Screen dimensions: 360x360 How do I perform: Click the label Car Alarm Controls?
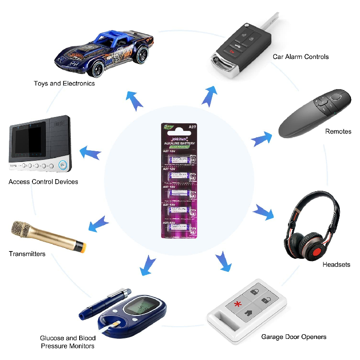[301, 57]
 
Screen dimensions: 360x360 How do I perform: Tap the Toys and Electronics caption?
[64, 83]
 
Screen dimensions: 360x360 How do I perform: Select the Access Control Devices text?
[43, 182]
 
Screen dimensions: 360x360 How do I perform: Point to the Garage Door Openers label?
[294, 337]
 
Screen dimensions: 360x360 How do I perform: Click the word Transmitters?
[27, 254]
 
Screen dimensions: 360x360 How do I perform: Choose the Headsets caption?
[336, 265]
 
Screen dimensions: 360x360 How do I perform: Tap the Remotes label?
[338, 131]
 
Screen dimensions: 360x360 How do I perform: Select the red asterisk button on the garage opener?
[237, 304]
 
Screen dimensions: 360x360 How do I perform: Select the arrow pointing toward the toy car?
[134, 101]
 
